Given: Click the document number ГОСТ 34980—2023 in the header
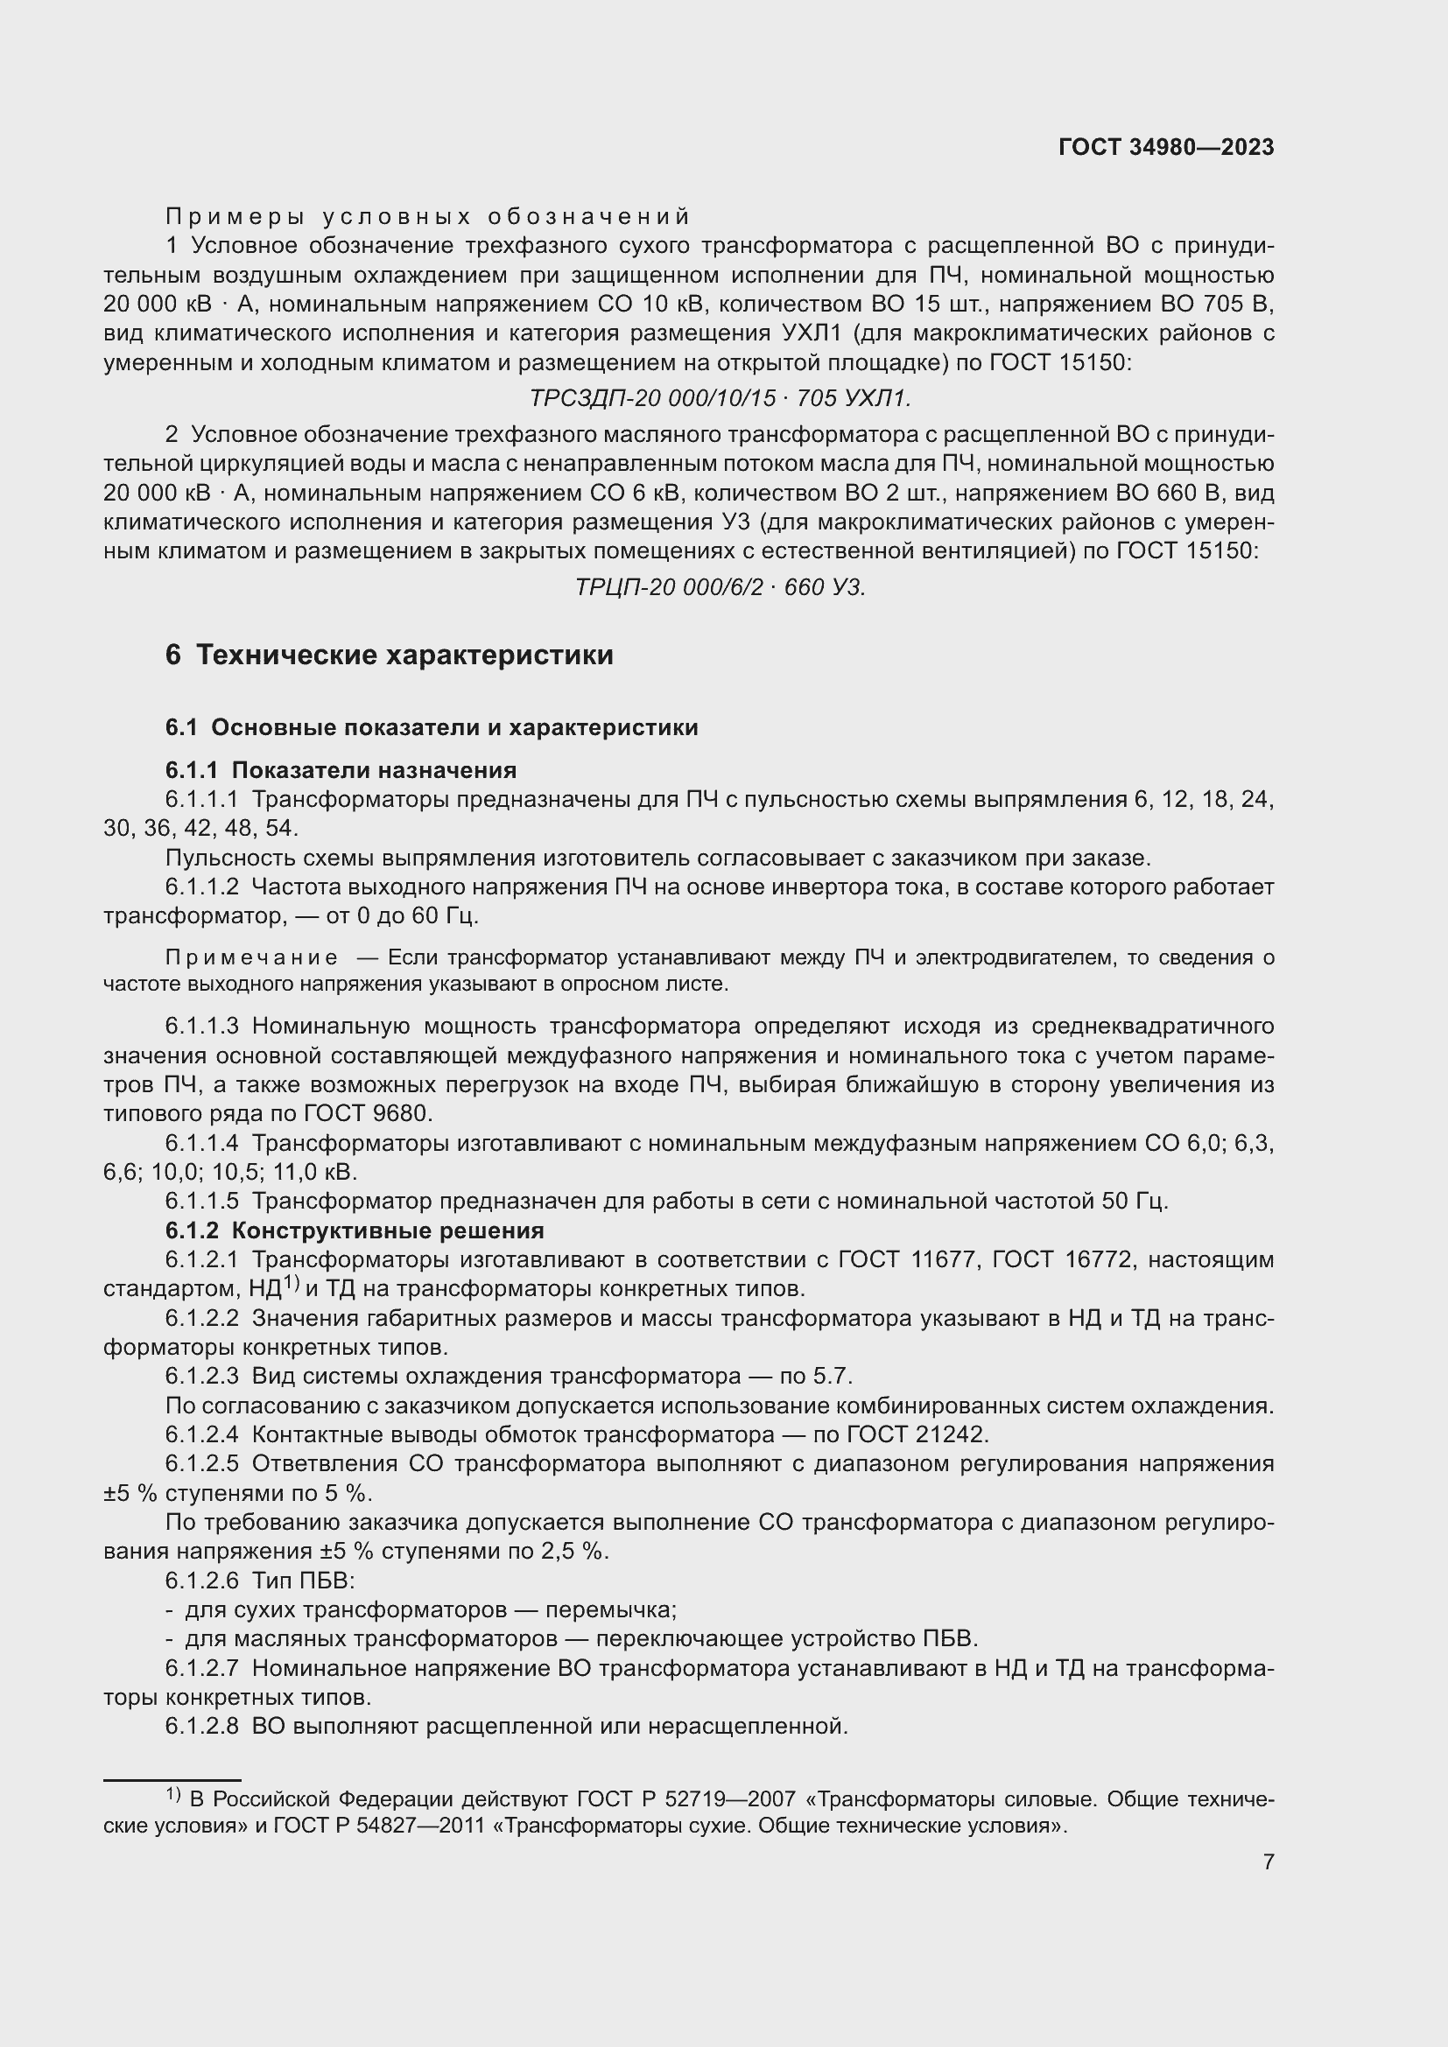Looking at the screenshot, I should (x=1166, y=148).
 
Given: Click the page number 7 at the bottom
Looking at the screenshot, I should (x=1268, y=1861).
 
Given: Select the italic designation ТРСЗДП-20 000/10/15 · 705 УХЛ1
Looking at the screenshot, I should (x=720, y=398).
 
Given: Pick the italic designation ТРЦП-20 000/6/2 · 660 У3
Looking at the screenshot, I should (x=720, y=587).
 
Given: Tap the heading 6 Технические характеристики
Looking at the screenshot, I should (x=390, y=655).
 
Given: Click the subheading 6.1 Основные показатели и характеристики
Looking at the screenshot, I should (x=432, y=727).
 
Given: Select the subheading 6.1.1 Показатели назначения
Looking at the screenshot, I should (x=341, y=769).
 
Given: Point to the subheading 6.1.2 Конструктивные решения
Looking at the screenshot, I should (x=354, y=1230).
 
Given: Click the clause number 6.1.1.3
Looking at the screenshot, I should (x=201, y=1027).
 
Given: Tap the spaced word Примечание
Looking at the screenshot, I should (x=252, y=957).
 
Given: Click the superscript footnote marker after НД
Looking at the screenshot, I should (x=290, y=1283).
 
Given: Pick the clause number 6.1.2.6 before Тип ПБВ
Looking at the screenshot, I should (x=201, y=1580).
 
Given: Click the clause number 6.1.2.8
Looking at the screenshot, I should (x=201, y=1726).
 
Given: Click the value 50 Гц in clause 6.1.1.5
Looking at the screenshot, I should (x=1133, y=1201).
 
